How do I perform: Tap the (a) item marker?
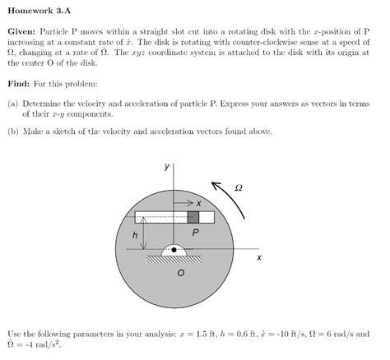13,105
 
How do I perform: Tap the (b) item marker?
13,131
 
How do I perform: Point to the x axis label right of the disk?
259,257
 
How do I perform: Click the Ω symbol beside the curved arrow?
239,188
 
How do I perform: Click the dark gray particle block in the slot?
193,217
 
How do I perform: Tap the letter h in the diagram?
135,235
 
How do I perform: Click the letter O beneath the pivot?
181,274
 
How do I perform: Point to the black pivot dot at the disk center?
174,250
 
